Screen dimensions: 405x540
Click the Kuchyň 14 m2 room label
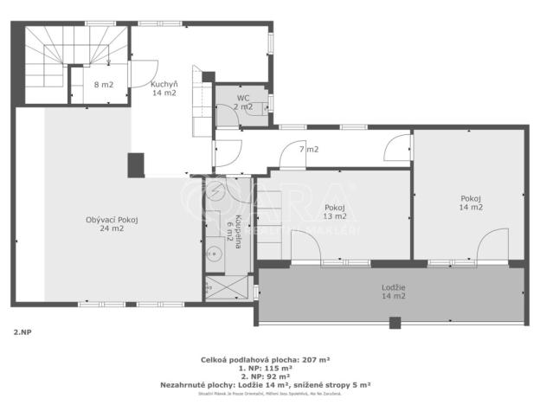(164, 88)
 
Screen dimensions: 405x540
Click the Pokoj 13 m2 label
(335, 212)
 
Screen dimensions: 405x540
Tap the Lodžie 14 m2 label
(394, 292)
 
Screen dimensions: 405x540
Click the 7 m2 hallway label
(309, 150)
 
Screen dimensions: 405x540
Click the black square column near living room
(136, 164)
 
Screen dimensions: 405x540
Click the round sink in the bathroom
(215, 254)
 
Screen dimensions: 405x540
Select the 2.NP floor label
(23, 331)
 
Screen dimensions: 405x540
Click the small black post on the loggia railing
(395, 324)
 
